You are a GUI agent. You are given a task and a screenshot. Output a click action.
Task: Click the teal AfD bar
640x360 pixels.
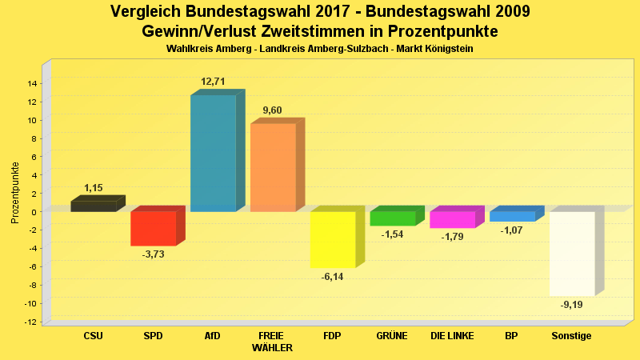click(x=213, y=152)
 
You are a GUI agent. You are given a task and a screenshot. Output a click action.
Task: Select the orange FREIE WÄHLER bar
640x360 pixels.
click(x=273, y=166)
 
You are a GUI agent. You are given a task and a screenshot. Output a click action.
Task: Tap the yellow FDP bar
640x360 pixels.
click(x=332, y=239)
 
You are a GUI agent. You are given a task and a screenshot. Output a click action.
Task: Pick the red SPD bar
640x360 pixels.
click(x=153, y=228)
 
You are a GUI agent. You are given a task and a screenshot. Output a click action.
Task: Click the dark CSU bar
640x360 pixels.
click(x=93, y=206)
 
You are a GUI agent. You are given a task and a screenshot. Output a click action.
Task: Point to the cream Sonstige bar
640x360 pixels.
click(x=571, y=254)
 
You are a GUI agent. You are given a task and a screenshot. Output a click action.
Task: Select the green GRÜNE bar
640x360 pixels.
click(x=392, y=218)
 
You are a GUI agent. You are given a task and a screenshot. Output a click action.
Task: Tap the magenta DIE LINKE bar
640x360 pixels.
click(x=452, y=219)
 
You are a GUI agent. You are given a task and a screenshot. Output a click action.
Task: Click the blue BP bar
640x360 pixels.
click(x=512, y=216)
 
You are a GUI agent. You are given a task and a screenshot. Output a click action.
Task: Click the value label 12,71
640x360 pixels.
click(x=214, y=82)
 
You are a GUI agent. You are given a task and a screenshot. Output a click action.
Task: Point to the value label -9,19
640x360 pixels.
click(x=571, y=305)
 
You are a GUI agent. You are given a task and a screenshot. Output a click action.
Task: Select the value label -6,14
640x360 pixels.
click(x=332, y=277)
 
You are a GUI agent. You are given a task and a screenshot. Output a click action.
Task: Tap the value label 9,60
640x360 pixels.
click(x=272, y=110)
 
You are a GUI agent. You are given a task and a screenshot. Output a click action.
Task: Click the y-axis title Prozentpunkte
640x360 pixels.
click(x=15, y=192)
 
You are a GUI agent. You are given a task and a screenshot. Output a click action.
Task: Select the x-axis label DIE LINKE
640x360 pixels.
click(x=452, y=336)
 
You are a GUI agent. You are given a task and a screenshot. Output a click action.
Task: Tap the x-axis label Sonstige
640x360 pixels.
click(x=571, y=336)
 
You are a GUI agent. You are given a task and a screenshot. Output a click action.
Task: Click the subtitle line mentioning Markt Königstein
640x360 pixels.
click(x=320, y=50)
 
